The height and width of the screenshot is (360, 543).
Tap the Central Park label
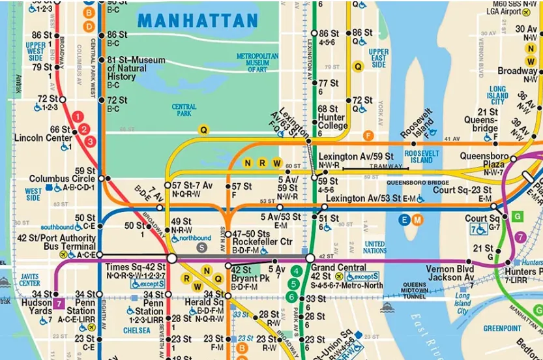click(x=184, y=110)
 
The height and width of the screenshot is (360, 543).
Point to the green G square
click(x=518, y=215)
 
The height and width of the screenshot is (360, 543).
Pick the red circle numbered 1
click(x=78, y=117)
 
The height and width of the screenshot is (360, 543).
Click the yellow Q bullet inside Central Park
click(x=203, y=130)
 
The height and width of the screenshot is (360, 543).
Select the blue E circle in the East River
click(x=405, y=220)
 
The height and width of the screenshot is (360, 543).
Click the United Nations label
click(x=375, y=247)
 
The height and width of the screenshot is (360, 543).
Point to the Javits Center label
click(x=30, y=279)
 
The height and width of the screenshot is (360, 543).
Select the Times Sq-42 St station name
click(x=137, y=267)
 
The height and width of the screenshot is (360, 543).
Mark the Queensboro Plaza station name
click(x=483, y=160)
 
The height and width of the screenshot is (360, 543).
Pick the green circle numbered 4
click(x=296, y=271)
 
